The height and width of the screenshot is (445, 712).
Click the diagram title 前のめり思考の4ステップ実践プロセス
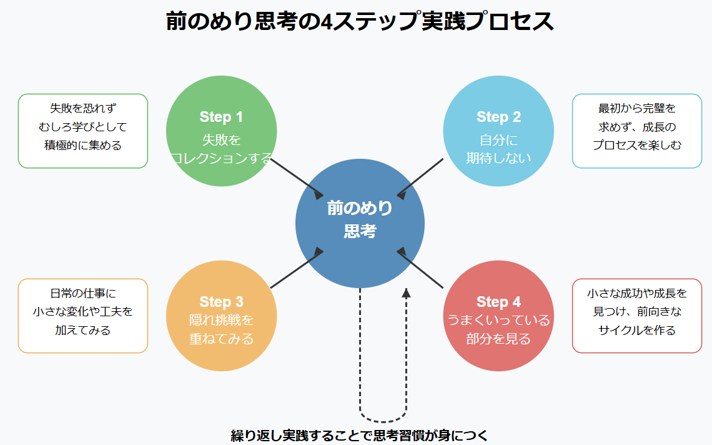[360, 21]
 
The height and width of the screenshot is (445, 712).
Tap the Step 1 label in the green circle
[221, 117]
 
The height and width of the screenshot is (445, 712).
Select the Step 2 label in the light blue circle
[498, 117]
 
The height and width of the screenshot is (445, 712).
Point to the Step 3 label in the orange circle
[221, 302]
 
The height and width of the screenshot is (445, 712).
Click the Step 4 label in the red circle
[498, 302]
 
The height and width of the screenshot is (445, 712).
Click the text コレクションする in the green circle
[221, 158]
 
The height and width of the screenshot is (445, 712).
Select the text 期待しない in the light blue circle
[498, 158]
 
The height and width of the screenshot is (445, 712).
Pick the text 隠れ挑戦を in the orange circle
[221, 321]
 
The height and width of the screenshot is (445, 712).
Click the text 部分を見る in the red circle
[498, 339]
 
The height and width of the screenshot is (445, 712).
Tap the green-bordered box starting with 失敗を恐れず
[83, 131]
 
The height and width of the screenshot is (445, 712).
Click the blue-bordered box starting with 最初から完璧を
[637, 131]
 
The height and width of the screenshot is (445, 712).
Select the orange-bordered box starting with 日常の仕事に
[83, 316]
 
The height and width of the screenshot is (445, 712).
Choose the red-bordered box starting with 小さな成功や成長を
[637, 316]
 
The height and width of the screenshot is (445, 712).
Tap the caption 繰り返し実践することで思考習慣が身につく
[358, 435]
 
